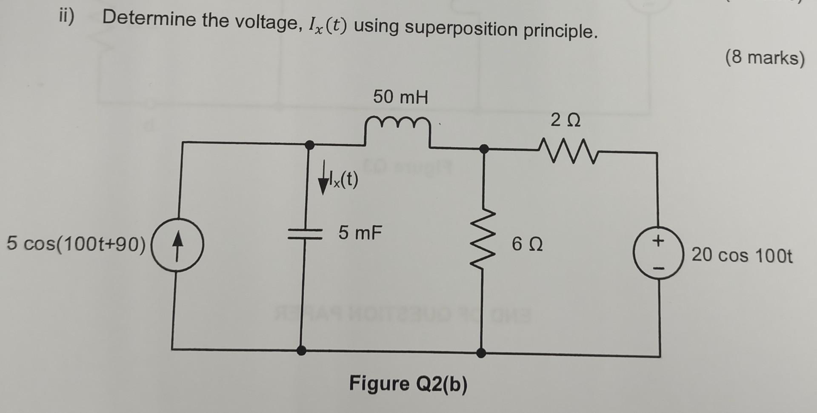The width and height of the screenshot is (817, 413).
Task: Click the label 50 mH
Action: (400, 97)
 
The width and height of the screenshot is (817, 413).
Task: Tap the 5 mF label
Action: (360, 233)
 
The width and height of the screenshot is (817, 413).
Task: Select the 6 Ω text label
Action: (527, 244)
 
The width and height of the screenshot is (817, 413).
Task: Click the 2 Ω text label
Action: (565, 120)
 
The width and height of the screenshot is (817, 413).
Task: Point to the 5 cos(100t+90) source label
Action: (76, 244)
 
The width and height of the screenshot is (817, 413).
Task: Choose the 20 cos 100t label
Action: (742, 255)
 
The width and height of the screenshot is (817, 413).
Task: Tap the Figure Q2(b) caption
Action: (408, 384)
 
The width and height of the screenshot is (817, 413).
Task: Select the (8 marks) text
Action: (765, 57)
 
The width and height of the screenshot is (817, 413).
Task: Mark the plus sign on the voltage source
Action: (658, 241)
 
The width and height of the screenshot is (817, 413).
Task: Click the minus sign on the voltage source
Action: (658, 268)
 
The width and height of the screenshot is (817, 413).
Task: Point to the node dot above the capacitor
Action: (310, 145)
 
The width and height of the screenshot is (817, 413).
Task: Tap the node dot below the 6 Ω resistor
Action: (481, 353)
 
